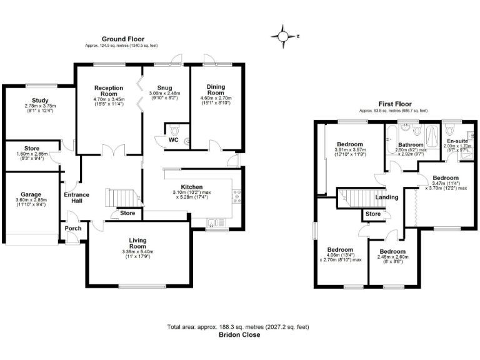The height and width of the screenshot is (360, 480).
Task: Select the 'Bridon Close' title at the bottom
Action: [x=239, y=335]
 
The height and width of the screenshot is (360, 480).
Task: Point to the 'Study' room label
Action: [x=41, y=100]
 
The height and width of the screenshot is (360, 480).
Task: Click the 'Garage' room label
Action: [x=31, y=194]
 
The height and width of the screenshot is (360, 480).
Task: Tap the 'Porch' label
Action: [x=73, y=228]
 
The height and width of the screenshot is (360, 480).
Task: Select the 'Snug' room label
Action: [x=165, y=88]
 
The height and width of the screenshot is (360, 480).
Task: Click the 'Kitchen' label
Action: [x=191, y=187]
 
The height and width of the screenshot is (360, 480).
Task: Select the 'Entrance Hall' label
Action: [x=77, y=198]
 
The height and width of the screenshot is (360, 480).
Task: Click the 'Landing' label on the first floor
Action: [x=386, y=197]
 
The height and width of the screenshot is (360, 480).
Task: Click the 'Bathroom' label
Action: [x=412, y=145]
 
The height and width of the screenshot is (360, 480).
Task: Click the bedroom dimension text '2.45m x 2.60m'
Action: [x=392, y=256]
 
